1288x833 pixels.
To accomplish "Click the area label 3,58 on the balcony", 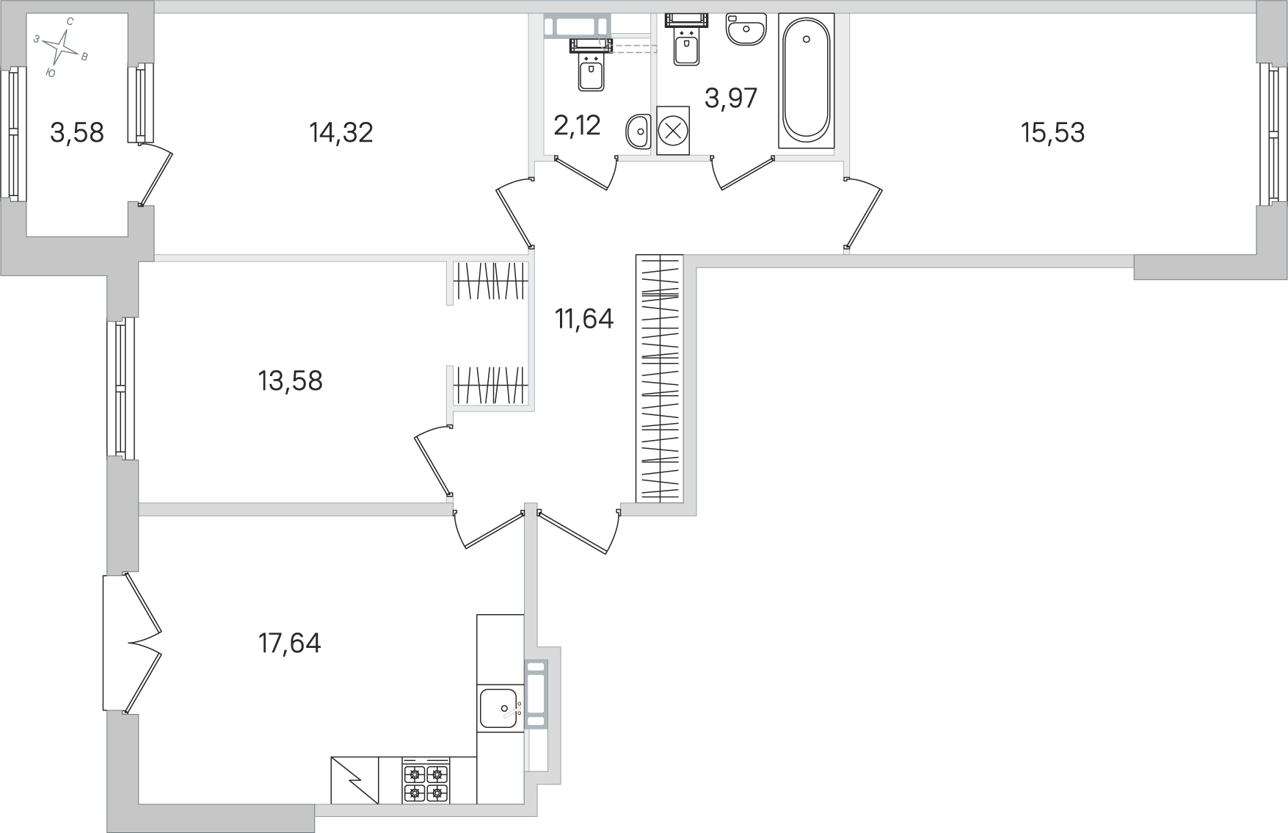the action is pyautogui.click(x=77, y=133).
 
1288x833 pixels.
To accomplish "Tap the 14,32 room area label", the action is pyautogui.click(x=341, y=133).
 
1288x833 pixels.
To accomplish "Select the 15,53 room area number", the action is pyautogui.click(x=1052, y=133).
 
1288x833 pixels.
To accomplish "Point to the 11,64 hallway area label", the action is pyautogui.click(x=584, y=319).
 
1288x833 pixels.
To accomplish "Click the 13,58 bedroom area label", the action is pyautogui.click(x=291, y=381).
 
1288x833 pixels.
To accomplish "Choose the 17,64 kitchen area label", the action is pyautogui.click(x=290, y=643).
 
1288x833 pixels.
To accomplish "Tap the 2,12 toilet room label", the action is pyautogui.click(x=578, y=126).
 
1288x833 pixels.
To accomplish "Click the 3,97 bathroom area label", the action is pyautogui.click(x=731, y=98).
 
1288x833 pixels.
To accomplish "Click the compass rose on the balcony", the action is pyautogui.click(x=61, y=48).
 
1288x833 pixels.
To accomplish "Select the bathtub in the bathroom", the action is pyautogui.click(x=807, y=80).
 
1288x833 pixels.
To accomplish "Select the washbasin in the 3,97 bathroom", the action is pyautogui.click(x=746, y=29).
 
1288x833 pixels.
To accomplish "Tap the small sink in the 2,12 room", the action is pyautogui.click(x=638, y=133).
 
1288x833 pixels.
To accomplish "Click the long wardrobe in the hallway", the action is pyautogui.click(x=660, y=378).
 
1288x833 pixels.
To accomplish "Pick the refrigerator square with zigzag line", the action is pyautogui.click(x=355, y=781).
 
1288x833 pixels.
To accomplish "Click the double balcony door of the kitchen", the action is pyautogui.click(x=132, y=643).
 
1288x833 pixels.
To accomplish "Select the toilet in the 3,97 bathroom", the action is pyautogui.click(x=686, y=38).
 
